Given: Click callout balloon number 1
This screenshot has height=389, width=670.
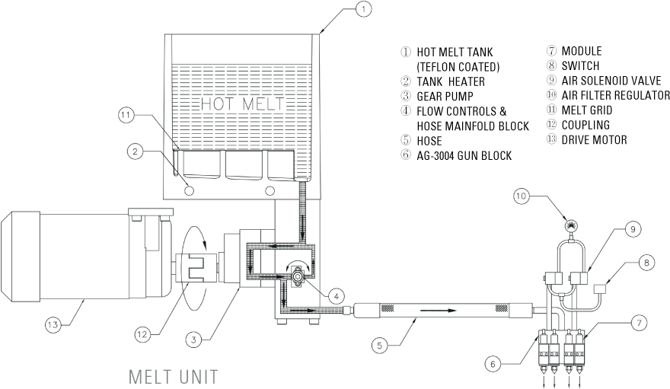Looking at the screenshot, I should coord(365,9).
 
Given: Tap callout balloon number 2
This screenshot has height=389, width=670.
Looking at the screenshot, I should coord(136,152).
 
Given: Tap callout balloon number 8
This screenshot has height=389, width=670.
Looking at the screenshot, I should coord(646,263).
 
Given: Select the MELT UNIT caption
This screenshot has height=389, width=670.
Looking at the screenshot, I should coord(174,375).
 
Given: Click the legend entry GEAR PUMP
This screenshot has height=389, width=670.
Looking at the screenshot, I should coord(444,96).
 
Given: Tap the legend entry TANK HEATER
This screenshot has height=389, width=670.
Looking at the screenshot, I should coord(450,81).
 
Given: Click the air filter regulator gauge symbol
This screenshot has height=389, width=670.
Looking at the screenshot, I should coord(569,225).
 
